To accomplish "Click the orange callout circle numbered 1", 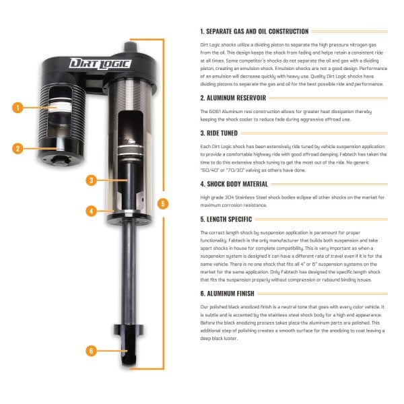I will click(18, 106).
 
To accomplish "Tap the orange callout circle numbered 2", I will click(18, 148).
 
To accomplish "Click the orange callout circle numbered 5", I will click(162, 202).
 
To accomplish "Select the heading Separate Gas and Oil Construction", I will click(254, 31).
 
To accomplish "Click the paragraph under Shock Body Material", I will click(293, 200).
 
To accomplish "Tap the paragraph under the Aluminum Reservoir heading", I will click(293, 114).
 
